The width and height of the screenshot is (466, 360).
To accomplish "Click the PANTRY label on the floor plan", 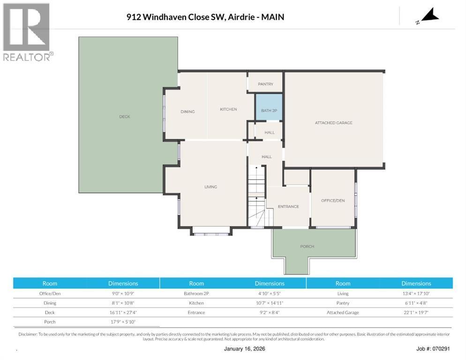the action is click(x=265, y=84).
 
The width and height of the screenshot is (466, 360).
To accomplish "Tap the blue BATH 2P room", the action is click(x=269, y=107).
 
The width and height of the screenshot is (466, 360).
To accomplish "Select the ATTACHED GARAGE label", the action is click(x=333, y=122).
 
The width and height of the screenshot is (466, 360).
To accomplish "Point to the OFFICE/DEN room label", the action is click(x=333, y=200).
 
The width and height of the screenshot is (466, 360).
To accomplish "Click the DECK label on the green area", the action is click(x=125, y=117).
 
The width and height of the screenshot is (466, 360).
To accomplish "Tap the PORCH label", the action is click(x=307, y=246).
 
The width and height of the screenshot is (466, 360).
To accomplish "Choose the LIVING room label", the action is click(x=210, y=187).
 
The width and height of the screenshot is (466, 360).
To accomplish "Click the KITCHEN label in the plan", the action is click(x=228, y=109).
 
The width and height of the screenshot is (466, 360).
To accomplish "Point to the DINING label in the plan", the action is click(x=188, y=112).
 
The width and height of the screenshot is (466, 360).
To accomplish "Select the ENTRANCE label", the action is click(x=288, y=206).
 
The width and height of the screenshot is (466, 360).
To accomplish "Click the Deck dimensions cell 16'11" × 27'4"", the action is click(x=123, y=313).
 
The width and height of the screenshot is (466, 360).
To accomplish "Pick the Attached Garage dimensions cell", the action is click(x=416, y=313).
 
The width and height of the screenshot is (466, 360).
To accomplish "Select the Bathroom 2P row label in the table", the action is click(x=196, y=293).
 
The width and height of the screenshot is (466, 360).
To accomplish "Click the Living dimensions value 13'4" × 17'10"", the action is click(x=416, y=293).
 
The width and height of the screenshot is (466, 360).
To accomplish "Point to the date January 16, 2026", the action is click(x=244, y=349).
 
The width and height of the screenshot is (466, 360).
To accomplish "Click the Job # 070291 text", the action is click(x=433, y=349).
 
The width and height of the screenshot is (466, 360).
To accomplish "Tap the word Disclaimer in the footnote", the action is click(x=28, y=334).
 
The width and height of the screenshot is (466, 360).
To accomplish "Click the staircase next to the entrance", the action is click(x=256, y=196).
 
